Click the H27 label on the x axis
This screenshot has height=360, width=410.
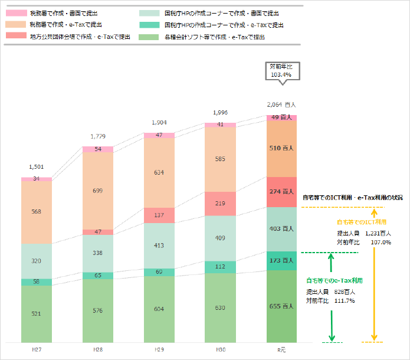pyautogui.click(x=37, y=349)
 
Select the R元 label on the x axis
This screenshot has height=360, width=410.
pyautogui.click(x=281, y=349)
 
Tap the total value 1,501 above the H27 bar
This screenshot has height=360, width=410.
pyautogui.click(x=37, y=168)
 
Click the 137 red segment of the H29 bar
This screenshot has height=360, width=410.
pyautogui.click(x=159, y=215)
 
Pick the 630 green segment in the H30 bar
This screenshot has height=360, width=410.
pyautogui.click(x=220, y=307)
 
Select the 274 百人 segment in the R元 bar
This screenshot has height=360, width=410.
pyautogui.click(x=281, y=192)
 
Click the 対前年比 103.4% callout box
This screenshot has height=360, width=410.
pyautogui.click(x=281, y=71)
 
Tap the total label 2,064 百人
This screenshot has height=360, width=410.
pyautogui.click(x=281, y=104)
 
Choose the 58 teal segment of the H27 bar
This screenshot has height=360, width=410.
pyautogui.click(x=37, y=282)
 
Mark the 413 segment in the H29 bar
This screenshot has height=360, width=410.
pyautogui.click(x=159, y=245)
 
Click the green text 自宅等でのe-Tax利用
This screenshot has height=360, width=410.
pyautogui.click(x=334, y=280)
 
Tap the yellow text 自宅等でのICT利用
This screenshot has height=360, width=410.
pyautogui.click(x=361, y=222)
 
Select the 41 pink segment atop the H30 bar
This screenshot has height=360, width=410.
pyautogui.click(x=220, y=125)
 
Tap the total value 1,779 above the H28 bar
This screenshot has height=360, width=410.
pyautogui.click(x=98, y=136)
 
